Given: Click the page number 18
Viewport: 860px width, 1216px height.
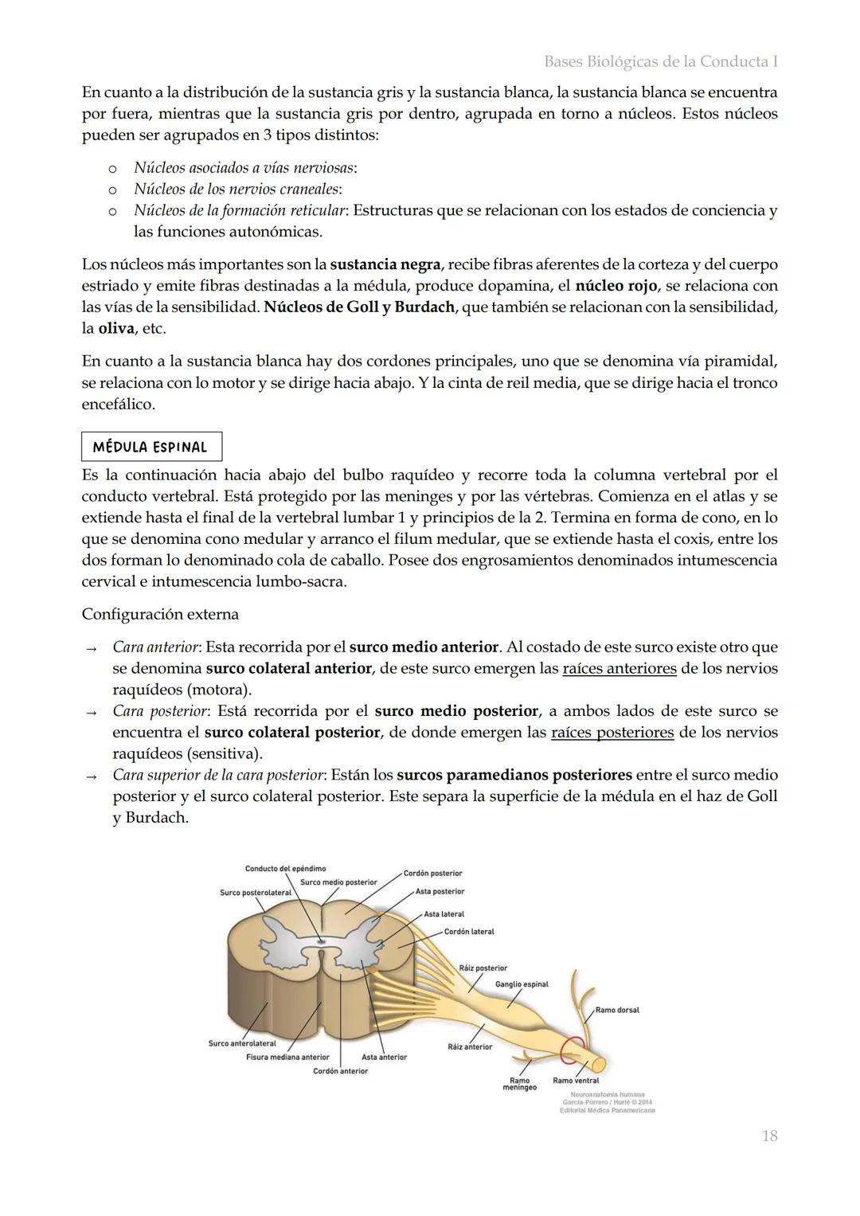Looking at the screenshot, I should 768,1136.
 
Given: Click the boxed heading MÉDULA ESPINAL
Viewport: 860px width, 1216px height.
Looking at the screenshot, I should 150,447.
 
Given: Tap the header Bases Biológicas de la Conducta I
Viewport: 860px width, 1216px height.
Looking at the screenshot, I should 660,61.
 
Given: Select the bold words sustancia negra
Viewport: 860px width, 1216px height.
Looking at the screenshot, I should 385,264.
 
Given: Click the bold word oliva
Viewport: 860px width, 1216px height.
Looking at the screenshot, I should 116,328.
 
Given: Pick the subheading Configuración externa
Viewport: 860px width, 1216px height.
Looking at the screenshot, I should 160,615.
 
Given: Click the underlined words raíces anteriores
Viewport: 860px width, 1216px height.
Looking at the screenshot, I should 619,669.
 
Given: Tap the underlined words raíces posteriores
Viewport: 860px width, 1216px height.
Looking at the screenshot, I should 612,733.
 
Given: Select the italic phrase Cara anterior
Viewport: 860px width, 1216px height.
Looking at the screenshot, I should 154,647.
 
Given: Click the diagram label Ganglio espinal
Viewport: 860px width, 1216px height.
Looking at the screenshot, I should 522,984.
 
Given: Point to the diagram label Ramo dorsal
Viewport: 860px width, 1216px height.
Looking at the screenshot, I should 616,1010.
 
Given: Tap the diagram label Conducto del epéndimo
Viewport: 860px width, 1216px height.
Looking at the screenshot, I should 285,869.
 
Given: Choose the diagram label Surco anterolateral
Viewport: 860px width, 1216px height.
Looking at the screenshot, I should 242,1043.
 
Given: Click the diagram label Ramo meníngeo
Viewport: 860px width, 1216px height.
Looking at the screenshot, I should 519,1084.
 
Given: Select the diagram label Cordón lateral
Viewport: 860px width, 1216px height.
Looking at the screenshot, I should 469,932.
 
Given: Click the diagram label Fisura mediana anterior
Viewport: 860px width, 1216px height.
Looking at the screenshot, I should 287,1058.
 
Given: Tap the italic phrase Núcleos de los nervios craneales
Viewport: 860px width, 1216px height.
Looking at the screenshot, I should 236,190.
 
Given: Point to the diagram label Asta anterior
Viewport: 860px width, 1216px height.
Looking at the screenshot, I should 384,1058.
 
